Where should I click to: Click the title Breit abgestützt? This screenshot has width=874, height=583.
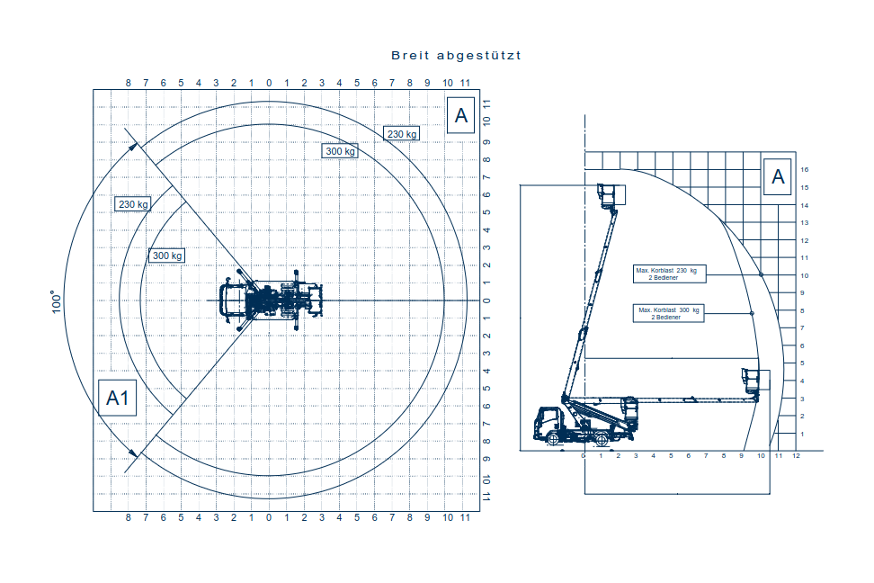tap(456, 55)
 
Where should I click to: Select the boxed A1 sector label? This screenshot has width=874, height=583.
tap(117, 398)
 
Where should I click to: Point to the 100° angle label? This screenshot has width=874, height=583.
tap(57, 301)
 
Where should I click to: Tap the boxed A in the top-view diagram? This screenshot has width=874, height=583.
tap(460, 115)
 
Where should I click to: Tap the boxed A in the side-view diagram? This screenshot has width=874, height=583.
tap(778, 177)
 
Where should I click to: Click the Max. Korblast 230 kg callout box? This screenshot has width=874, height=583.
tap(669, 274)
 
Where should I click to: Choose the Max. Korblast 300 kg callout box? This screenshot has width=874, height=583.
tap(669, 313)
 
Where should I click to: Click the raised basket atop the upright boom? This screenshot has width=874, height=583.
tap(611, 195)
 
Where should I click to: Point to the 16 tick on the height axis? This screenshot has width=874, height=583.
tap(805, 170)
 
